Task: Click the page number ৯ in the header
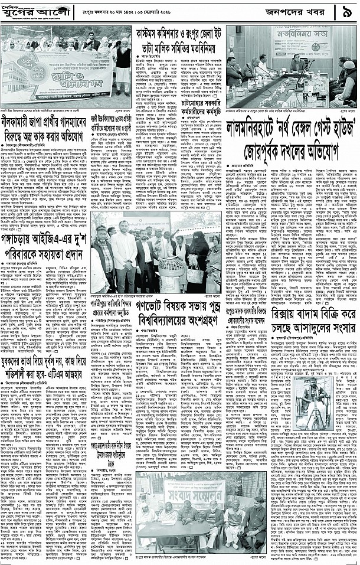point(345,11)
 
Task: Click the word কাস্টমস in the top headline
point(154,33)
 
